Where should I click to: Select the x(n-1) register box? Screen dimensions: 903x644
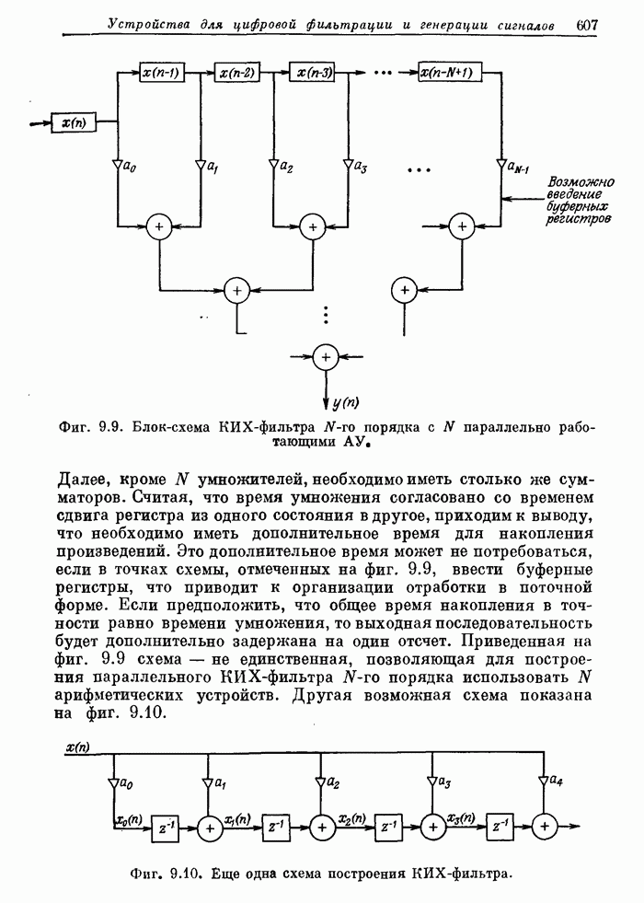[161, 71]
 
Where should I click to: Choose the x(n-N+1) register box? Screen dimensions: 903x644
[445, 72]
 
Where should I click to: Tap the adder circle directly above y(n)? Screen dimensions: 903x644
[325, 357]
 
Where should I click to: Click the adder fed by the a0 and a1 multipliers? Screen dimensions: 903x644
[161, 226]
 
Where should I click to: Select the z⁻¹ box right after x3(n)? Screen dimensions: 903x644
[500, 826]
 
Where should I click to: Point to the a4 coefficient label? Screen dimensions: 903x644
[558, 781]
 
